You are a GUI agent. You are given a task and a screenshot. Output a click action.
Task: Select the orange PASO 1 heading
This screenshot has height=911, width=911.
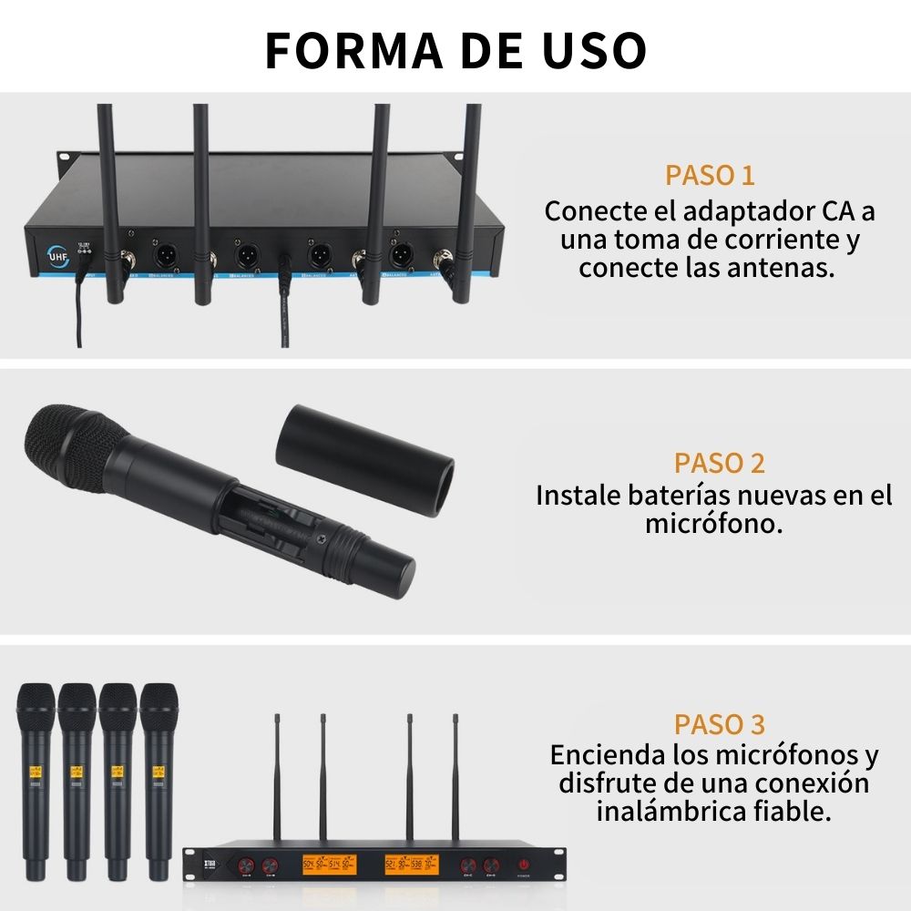point(710,175)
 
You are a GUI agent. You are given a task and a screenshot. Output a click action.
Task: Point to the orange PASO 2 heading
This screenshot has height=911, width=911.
point(720,463)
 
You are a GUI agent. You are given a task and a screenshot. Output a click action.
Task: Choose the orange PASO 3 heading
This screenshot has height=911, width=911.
point(720,725)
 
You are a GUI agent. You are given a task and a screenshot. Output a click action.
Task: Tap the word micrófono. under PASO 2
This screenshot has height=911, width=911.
point(714,524)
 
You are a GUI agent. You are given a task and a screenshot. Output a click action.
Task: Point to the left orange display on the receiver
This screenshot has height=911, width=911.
point(322,865)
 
